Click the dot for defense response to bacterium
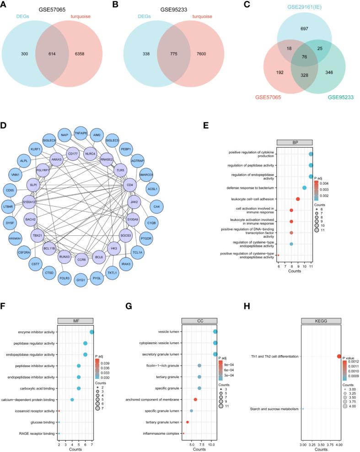305,188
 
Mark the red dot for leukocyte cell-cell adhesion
298,199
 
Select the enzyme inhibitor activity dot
92,319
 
